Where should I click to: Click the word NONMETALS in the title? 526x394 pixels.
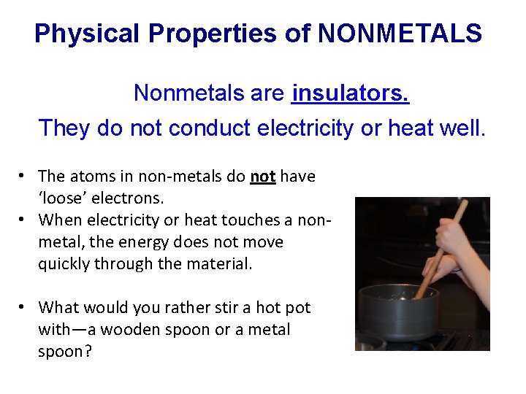coord(400,34)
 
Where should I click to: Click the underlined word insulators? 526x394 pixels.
coord(350,93)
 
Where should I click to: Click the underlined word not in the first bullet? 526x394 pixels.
coord(262,176)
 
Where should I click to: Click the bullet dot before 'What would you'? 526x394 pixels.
coord(23,307)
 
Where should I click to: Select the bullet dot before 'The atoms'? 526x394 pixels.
coord(23,176)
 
